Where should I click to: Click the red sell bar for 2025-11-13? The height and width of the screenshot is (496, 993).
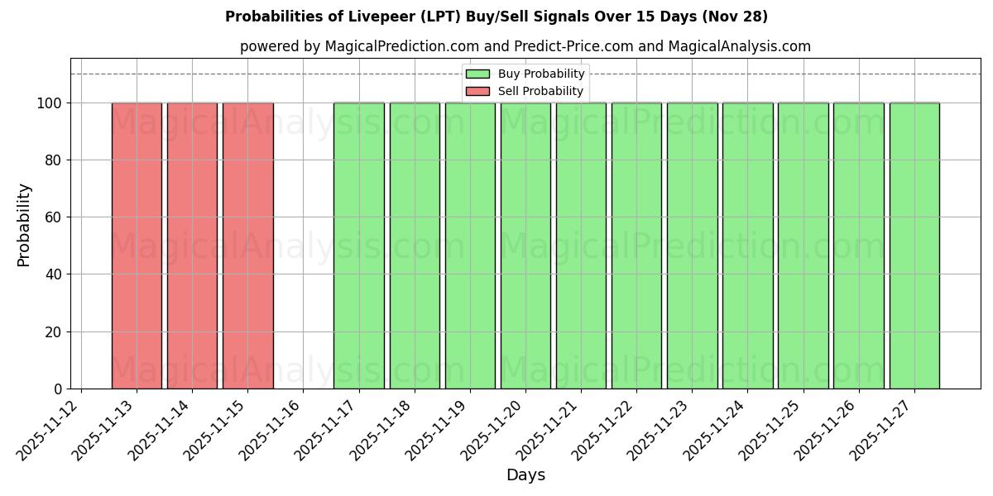click(x=137, y=246)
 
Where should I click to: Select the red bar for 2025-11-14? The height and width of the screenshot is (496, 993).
click(x=192, y=246)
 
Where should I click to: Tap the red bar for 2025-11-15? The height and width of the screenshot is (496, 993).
click(x=247, y=246)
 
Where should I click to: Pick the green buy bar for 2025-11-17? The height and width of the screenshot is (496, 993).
click(x=358, y=246)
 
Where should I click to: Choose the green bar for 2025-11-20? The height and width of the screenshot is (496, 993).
click(x=525, y=246)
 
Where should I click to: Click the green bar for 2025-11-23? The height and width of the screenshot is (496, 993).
click(x=692, y=246)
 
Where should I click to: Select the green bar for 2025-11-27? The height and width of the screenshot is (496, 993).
click(x=914, y=246)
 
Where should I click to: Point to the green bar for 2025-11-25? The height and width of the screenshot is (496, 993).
click(x=803, y=246)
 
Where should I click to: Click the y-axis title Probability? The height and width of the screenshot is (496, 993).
click(x=24, y=224)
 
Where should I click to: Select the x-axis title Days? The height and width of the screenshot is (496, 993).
click(x=525, y=475)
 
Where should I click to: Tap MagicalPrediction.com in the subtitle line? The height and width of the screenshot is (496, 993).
click(x=395, y=46)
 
